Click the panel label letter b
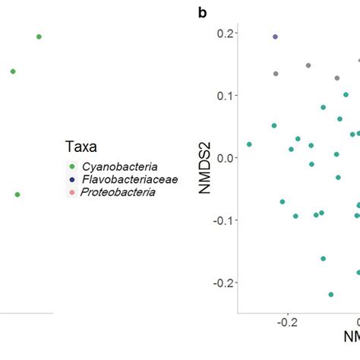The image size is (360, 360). tap(202, 13)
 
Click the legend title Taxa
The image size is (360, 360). tap(81, 147)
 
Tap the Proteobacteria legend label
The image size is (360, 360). tap(118, 192)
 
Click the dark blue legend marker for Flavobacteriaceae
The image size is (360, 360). tap(72, 180)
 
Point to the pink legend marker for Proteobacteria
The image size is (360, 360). tap(72, 192)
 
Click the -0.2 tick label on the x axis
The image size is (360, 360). tap(287, 323)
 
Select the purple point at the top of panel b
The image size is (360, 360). tap(276, 36)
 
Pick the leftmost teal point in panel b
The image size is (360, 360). tap(249, 144)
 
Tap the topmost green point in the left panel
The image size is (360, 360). tap(39, 36)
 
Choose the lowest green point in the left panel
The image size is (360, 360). tap(17, 194)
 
